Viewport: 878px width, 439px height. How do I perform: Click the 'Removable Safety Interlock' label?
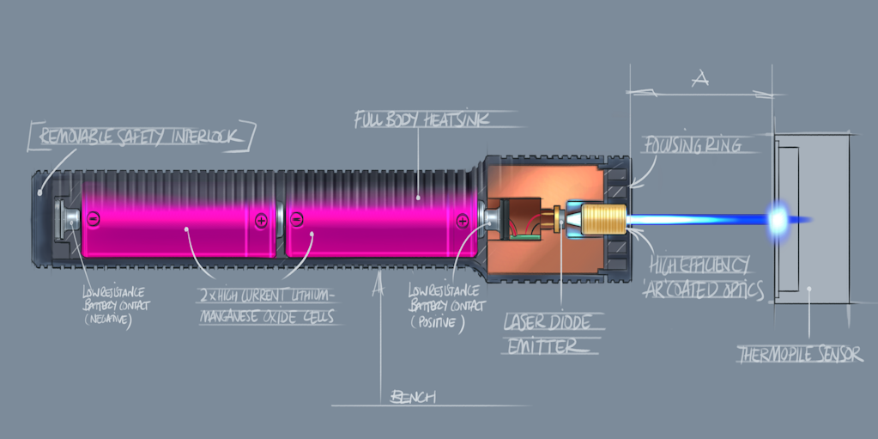(x=142, y=136)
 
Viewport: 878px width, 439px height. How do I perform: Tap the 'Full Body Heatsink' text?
(x=422, y=119)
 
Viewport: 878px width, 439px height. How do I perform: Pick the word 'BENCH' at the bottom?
(x=414, y=396)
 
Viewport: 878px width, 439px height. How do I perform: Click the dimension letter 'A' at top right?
(x=699, y=79)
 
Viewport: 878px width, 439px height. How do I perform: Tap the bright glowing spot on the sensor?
(x=778, y=219)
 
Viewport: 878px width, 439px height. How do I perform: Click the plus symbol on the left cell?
(x=260, y=220)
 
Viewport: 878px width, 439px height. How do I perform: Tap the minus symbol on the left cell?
(x=90, y=219)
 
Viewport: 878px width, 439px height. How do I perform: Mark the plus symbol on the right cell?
(x=463, y=221)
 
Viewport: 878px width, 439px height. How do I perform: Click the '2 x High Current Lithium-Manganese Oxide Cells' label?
(x=269, y=307)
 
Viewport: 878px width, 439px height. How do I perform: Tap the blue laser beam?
(x=695, y=220)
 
